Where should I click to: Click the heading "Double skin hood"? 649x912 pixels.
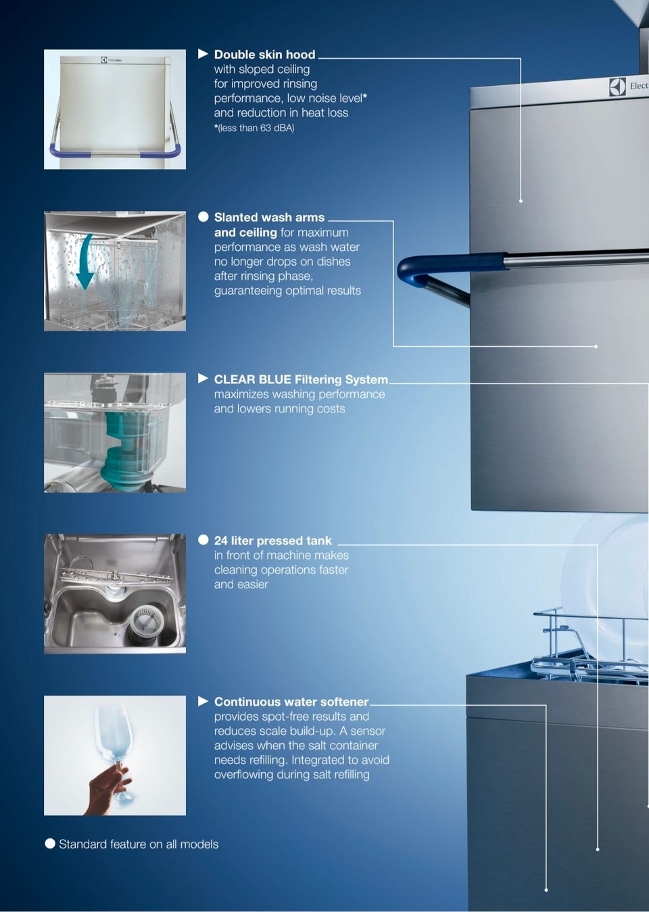pos(264,55)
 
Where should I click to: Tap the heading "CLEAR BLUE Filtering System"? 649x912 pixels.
pos(301,379)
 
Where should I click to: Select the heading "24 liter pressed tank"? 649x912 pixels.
pos(273,541)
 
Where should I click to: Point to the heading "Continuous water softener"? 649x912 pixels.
pos(291,702)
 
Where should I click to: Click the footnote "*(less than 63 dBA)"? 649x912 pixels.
pos(254,128)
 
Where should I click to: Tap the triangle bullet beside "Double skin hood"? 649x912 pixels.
pos(203,53)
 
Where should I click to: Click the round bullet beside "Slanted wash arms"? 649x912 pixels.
pos(203,216)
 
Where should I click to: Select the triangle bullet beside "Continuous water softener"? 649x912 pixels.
pos(203,701)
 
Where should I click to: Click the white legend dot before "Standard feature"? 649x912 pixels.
pos(49,844)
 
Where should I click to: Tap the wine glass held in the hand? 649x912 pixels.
pos(115,753)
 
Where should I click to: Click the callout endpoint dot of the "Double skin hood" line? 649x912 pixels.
pos(521,201)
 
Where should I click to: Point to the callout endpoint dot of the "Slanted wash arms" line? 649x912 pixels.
pos(596,346)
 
